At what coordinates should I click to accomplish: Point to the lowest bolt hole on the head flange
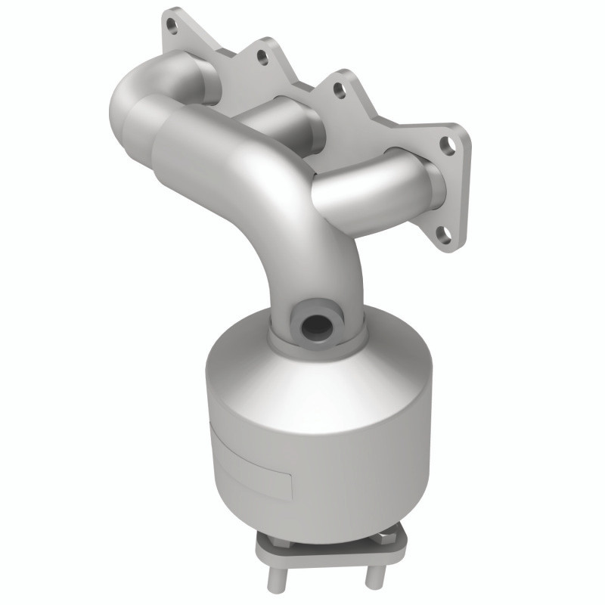[444, 234]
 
